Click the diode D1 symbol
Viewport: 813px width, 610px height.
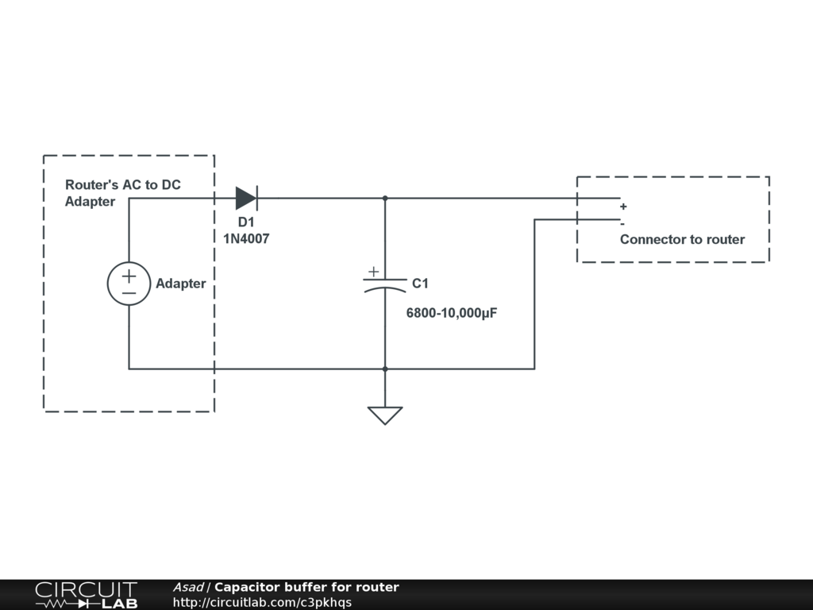pyautogui.click(x=246, y=198)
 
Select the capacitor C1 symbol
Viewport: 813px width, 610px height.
pyautogui.click(x=385, y=284)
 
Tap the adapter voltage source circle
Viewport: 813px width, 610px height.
pyautogui.click(x=129, y=284)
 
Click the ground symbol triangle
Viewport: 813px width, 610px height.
pyautogui.click(x=385, y=415)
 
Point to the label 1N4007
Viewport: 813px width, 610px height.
pyautogui.click(x=246, y=238)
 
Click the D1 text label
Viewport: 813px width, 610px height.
pyautogui.click(x=246, y=222)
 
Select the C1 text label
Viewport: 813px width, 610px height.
pyautogui.click(x=420, y=284)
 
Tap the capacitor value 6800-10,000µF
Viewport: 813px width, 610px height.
pyautogui.click(x=452, y=313)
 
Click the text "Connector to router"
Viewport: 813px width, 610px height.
pyautogui.click(x=682, y=239)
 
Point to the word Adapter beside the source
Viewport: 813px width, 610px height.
pyautogui.click(x=180, y=284)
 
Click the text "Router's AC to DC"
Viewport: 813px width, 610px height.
pyautogui.click(x=123, y=185)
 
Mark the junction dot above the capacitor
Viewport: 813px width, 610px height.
pyautogui.click(x=385, y=198)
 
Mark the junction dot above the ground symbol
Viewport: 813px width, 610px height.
pyautogui.click(x=385, y=369)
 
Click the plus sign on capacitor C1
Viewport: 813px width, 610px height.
pyautogui.click(x=373, y=272)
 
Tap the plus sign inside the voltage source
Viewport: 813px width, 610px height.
pyautogui.click(x=129, y=276)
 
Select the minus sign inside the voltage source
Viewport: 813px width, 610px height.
pyautogui.click(x=129, y=293)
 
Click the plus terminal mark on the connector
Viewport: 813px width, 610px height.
pyautogui.click(x=623, y=207)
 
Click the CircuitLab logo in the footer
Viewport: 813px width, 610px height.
pyautogui.click(x=86, y=595)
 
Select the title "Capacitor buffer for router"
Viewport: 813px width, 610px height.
pyautogui.click(x=306, y=588)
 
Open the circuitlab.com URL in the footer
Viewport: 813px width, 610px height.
pyautogui.click(x=262, y=603)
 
